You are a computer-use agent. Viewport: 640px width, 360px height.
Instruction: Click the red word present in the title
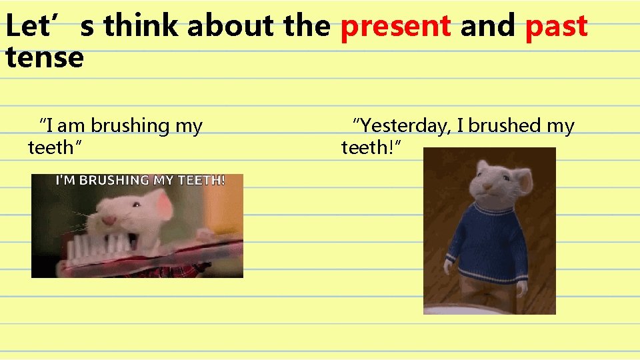tap(395, 27)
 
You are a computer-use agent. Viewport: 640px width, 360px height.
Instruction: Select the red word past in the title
tap(556, 27)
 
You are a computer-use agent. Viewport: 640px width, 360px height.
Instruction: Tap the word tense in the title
tap(44, 57)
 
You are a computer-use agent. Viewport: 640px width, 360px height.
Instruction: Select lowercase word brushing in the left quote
tap(130, 126)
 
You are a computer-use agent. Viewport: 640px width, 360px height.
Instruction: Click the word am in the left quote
tap(73, 125)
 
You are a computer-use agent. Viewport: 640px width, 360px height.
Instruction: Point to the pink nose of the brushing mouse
tap(107, 219)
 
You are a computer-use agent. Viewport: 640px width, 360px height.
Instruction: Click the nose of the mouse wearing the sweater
tap(485, 187)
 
